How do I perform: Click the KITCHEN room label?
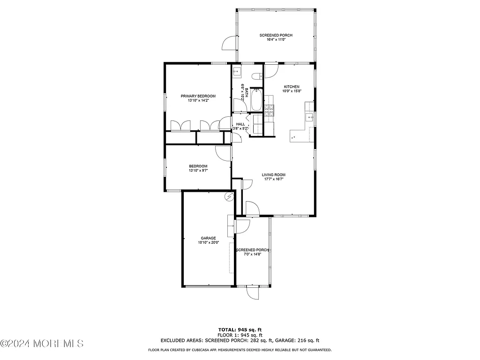click(291, 87)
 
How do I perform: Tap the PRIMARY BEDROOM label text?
click(198, 96)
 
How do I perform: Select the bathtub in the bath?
click(256, 100)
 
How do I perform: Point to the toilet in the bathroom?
click(256, 76)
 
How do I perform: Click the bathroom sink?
click(237, 72)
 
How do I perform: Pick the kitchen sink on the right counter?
click(309, 117)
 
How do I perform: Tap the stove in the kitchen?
click(270, 111)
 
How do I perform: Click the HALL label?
click(240, 124)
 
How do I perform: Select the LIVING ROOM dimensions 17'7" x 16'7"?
click(273, 179)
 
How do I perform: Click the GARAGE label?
click(208, 238)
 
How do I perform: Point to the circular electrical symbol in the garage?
click(229, 196)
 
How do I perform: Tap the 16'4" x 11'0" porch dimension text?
click(276, 40)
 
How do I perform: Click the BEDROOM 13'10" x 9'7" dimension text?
click(198, 171)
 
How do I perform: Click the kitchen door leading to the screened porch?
click(271, 71)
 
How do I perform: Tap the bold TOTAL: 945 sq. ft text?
click(240, 330)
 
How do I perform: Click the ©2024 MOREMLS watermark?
click(42, 344)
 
